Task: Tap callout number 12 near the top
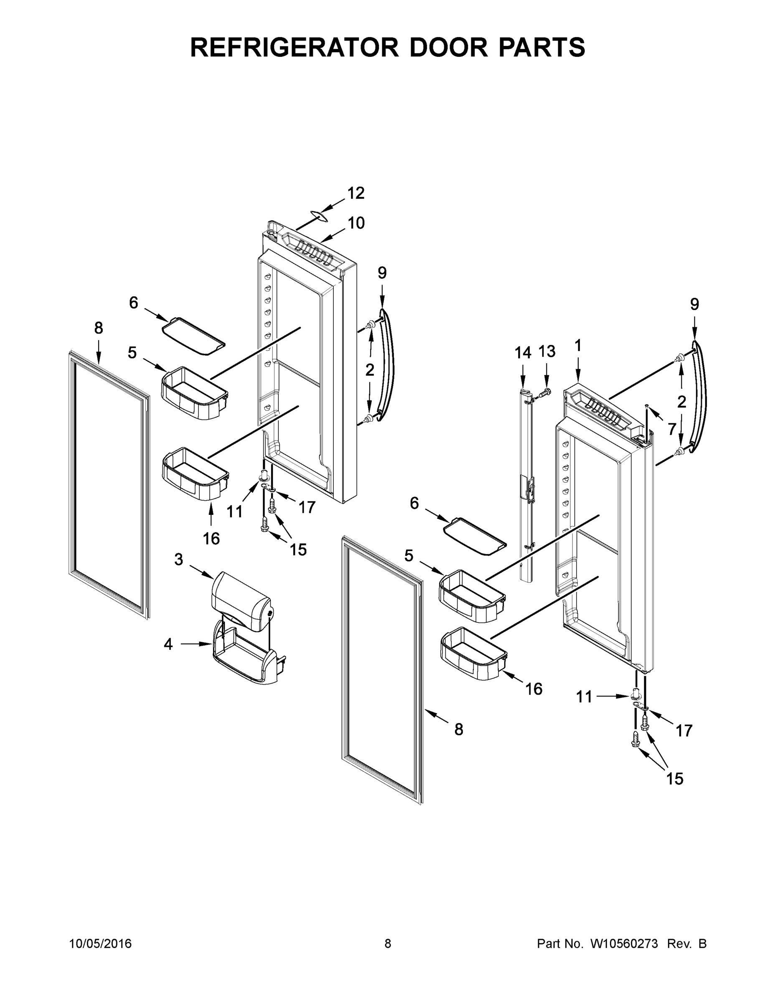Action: pyautogui.click(x=356, y=193)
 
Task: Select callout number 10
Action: pyautogui.click(x=356, y=223)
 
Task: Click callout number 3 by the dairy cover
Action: pyautogui.click(x=178, y=559)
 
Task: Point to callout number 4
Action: pyautogui.click(x=168, y=645)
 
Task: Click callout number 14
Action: pyautogui.click(x=523, y=353)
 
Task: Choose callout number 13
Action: pyautogui.click(x=547, y=351)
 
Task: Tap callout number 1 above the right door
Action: pyautogui.click(x=577, y=345)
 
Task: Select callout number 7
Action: pyautogui.click(x=672, y=429)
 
